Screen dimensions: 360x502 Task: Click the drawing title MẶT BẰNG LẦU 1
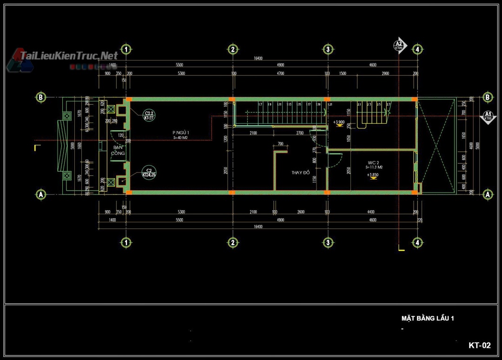[x=427, y=319]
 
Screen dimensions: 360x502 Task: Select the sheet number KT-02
[x=479, y=345]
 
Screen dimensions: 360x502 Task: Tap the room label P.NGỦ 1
[x=181, y=133]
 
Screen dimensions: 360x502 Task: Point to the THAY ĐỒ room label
[x=300, y=173]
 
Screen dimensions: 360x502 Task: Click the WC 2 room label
[x=374, y=162]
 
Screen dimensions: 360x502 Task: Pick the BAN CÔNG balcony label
[x=118, y=150]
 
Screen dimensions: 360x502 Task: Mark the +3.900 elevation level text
[x=340, y=122]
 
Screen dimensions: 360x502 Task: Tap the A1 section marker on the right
[x=488, y=116]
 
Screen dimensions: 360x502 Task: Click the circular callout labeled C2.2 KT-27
[x=149, y=115]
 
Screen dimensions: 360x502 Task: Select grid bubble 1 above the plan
[x=125, y=49]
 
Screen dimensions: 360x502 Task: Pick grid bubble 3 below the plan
[x=328, y=242]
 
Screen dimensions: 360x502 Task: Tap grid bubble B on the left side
[x=41, y=97]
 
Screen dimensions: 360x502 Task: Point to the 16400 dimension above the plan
[x=258, y=59]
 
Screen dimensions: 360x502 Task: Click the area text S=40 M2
[x=181, y=138]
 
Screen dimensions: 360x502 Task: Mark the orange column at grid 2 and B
[x=231, y=99]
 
